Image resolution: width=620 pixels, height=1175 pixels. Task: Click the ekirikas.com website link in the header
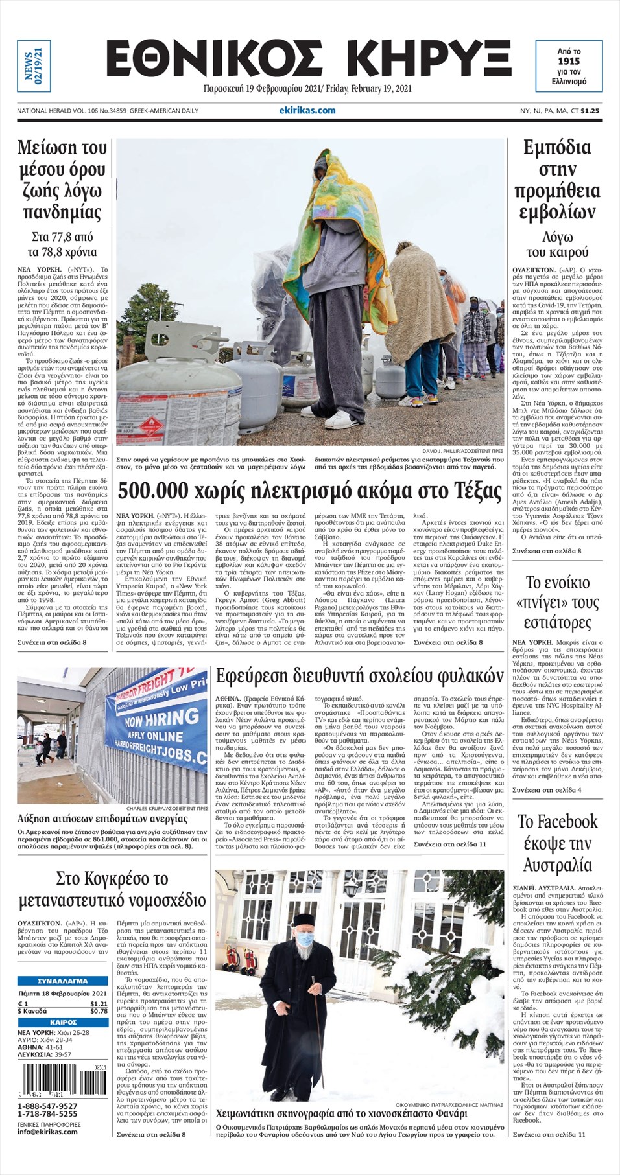pyautogui.click(x=307, y=110)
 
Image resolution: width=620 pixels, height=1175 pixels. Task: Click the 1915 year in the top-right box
pyautogui.click(x=569, y=61)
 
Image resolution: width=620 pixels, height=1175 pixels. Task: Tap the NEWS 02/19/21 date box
pyautogui.click(x=33, y=65)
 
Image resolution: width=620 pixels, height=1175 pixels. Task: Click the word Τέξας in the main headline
pyautogui.click(x=477, y=491)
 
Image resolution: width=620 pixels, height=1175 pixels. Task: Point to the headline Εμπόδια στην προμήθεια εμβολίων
pyautogui.click(x=557, y=180)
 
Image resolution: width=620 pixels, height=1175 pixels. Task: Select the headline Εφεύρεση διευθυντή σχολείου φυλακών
pyautogui.click(x=359, y=677)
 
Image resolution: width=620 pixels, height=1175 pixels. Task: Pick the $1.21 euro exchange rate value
pyautogui.click(x=99, y=1004)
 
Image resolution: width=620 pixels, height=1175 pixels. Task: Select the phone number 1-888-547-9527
pyautogui.click(x=47, y=1106)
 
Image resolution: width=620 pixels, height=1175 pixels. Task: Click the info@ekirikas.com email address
pyautogui.click(x=47, y=1132)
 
